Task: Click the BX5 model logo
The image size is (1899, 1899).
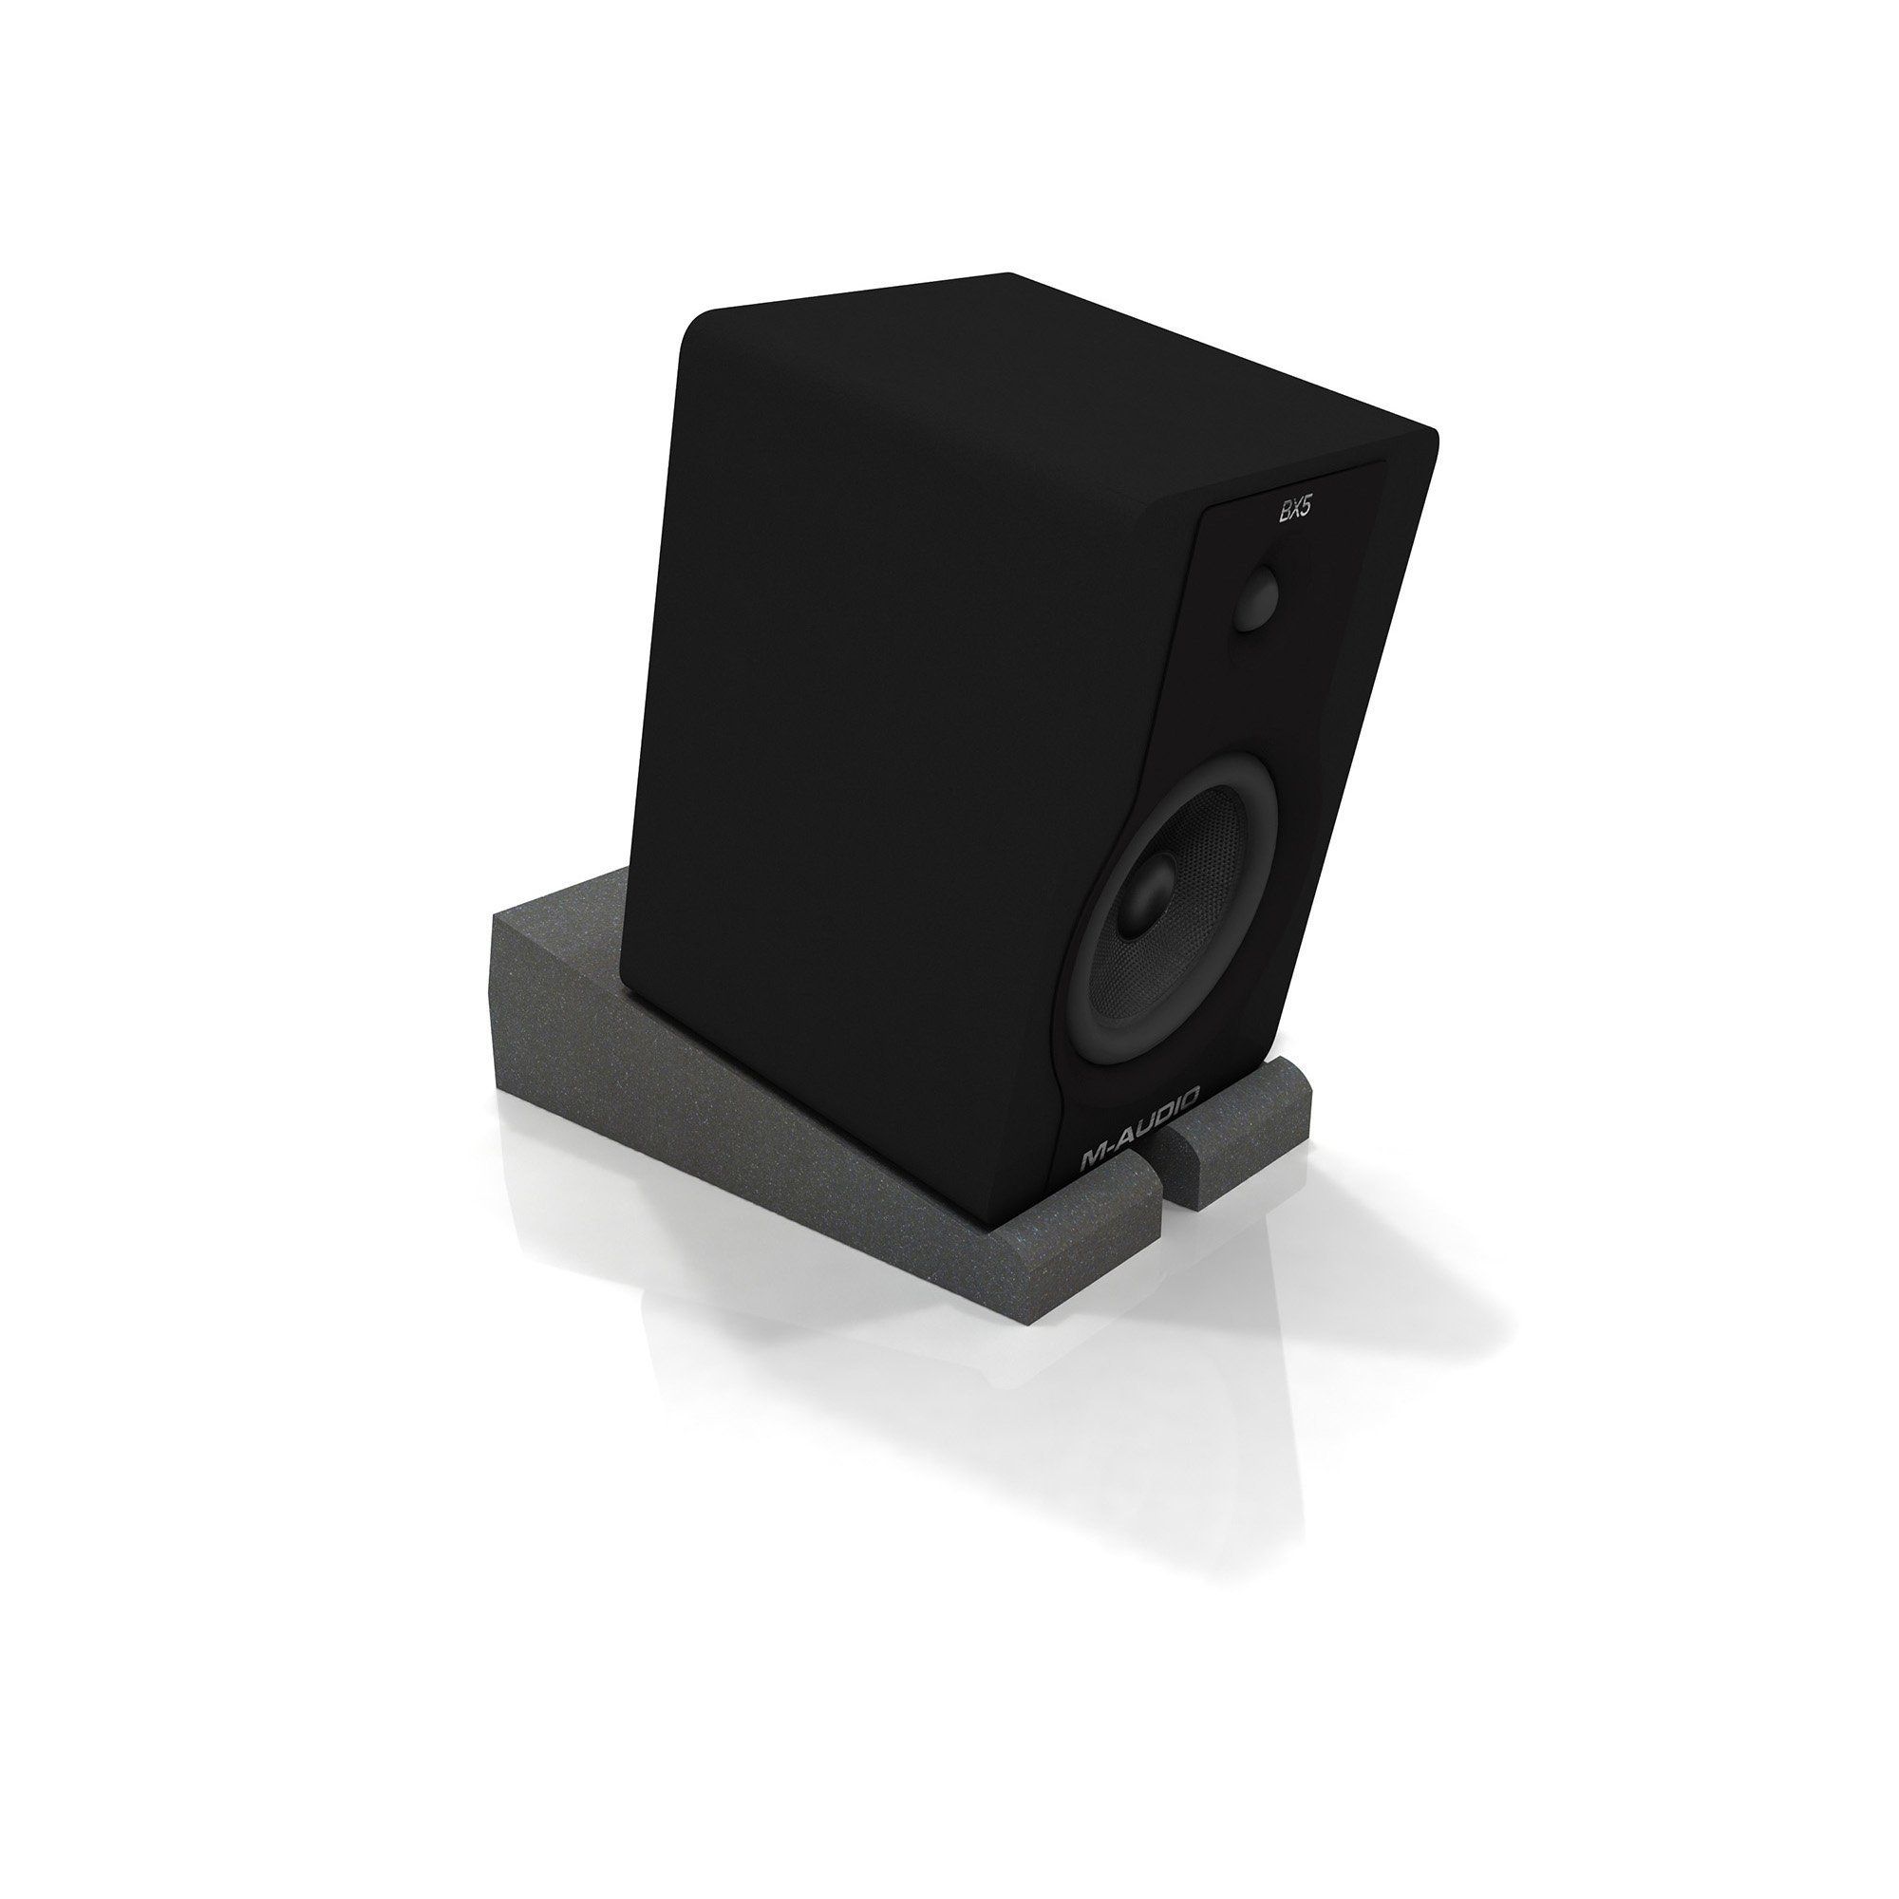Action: [1294, 512]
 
